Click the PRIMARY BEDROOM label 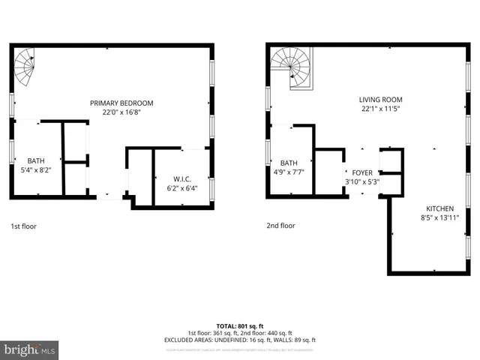[121, 103]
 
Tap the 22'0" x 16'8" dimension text [121, 112]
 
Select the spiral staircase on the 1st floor [25, 66]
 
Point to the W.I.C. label [183, 178]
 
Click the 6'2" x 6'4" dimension [183, 187]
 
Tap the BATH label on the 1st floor [36, 160]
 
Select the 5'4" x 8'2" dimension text [36, 169]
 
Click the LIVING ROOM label [381, 99]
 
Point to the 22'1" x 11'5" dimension [381, 108]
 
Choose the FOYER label [362, 172]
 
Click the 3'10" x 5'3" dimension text [362, 181]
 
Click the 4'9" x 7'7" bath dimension [289, 172]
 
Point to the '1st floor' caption [23, 225]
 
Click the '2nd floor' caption [280, 225]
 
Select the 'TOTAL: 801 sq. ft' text [239, 326]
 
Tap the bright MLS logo [29, 349]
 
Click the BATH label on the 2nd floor [289, 163]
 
